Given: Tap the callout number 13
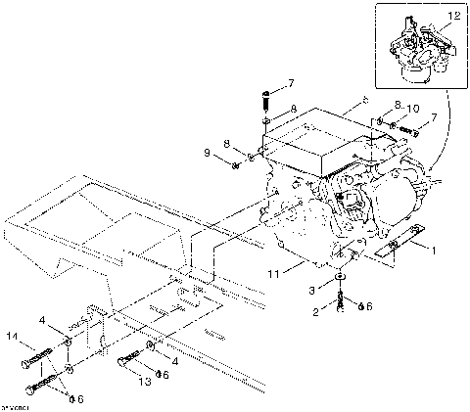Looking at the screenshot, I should (x=145, y=382).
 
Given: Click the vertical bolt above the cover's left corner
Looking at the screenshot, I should (x=265, y=100).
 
